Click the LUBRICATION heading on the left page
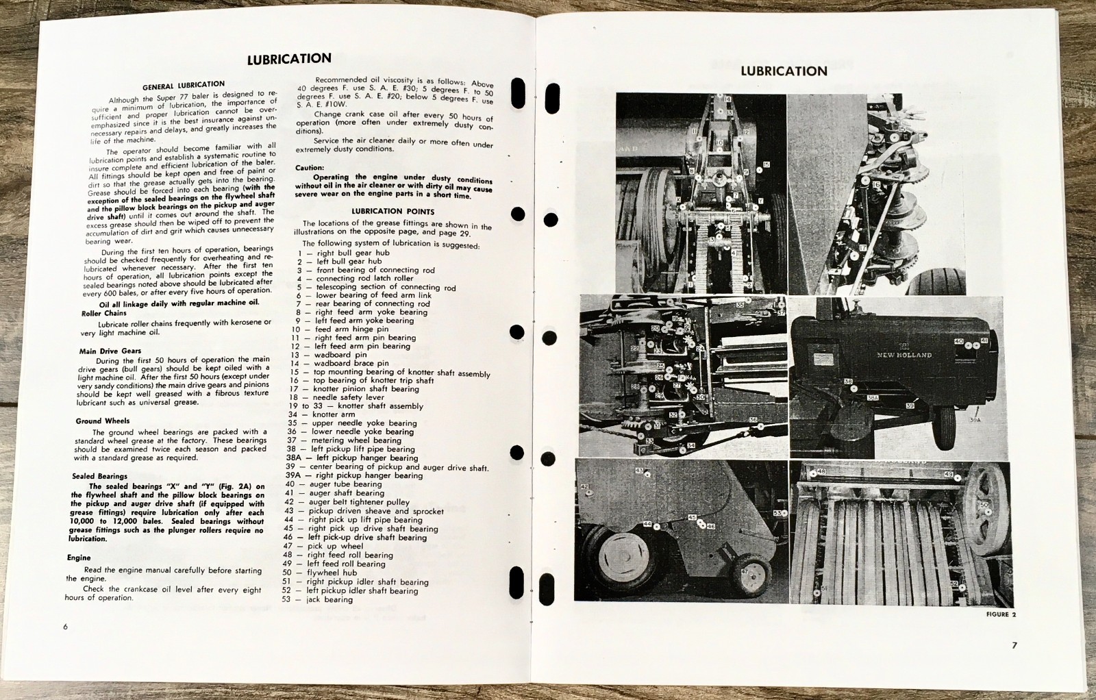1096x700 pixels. click(289, 59)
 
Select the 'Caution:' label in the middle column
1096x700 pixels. click(310, 168)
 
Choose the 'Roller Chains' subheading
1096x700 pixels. click(103, 313)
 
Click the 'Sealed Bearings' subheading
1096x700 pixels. click(99, 476)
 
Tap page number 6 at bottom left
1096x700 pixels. click(66, 626)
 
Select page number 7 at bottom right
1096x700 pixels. click(1014, 645)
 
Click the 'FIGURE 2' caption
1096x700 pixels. click(1001, 614)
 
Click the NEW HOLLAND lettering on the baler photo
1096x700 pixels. click(904, 355)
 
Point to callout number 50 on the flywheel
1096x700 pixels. click(984, 505)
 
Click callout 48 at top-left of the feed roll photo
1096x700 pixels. click(821, 473)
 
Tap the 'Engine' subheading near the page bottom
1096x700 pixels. click(79, 558)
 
